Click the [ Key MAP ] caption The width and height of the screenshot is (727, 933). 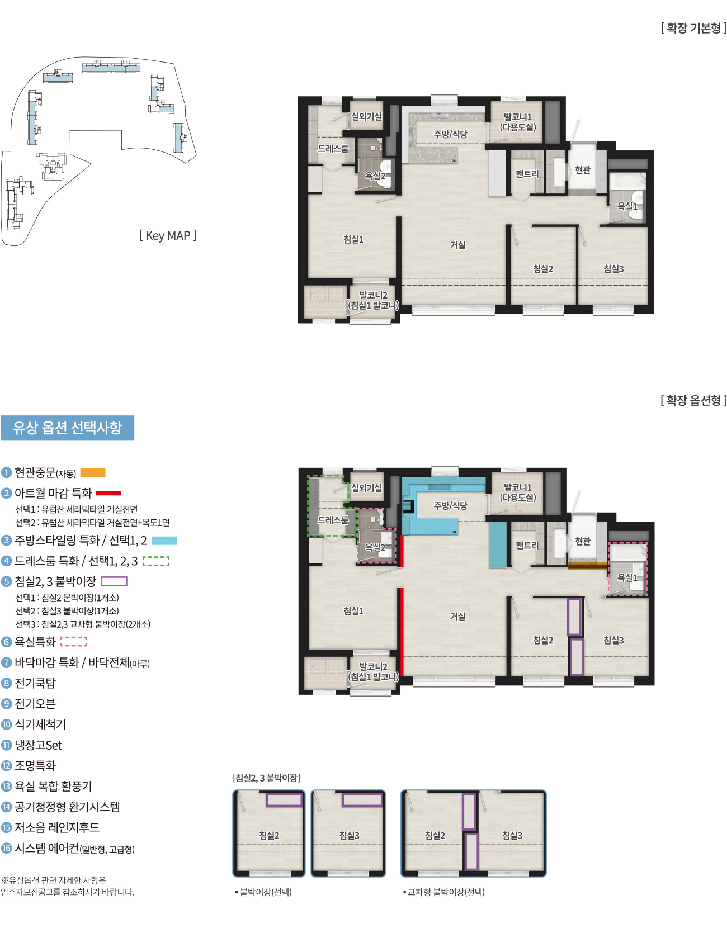coord(168,236)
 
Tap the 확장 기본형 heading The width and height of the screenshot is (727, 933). coord(693,28)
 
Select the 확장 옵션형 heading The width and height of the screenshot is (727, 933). coord(693,400)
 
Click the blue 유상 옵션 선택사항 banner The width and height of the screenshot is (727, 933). coord(67,428)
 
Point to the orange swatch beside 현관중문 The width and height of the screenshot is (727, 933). coord(93,473)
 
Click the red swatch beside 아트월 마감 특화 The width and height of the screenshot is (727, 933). coord(108,493)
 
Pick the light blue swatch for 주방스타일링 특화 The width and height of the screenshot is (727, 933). coord(164,541)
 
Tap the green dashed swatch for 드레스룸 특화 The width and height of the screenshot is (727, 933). coord(156,561)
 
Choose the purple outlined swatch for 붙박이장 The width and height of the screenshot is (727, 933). coord(114,581)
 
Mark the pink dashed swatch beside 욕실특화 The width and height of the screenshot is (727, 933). coord(74,642)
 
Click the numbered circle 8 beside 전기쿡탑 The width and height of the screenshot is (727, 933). coord(7,683)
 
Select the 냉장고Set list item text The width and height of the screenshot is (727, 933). coord(38,745)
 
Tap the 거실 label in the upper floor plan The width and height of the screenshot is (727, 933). coord(457,245)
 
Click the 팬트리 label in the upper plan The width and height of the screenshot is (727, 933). coord(527,174)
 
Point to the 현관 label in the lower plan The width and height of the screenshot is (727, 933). coord(583,541)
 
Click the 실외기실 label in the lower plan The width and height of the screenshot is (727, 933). coord(366,488)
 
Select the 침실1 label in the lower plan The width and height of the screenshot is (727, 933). coord(353,611)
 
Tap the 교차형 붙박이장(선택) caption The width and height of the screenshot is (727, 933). coord(445,892)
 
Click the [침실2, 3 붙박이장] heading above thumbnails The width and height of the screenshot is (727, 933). coord(266,778)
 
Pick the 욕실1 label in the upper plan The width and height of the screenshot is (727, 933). coord(627,206)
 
